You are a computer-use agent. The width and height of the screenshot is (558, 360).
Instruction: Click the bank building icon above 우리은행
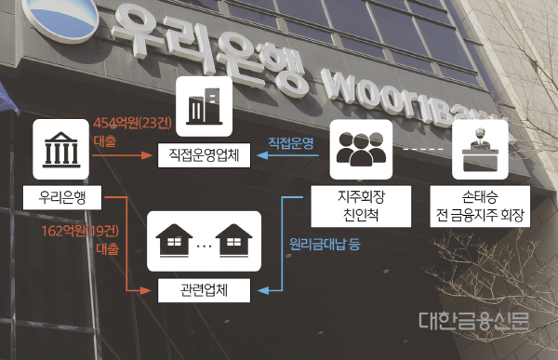[62, 149]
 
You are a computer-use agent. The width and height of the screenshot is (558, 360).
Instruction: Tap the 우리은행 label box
[62, 198]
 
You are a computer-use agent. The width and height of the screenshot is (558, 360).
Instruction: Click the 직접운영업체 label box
[205, 155]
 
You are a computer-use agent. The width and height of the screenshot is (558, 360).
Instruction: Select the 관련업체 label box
[205, 291]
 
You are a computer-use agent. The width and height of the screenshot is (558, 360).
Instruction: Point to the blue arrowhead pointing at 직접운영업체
[261, 156]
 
